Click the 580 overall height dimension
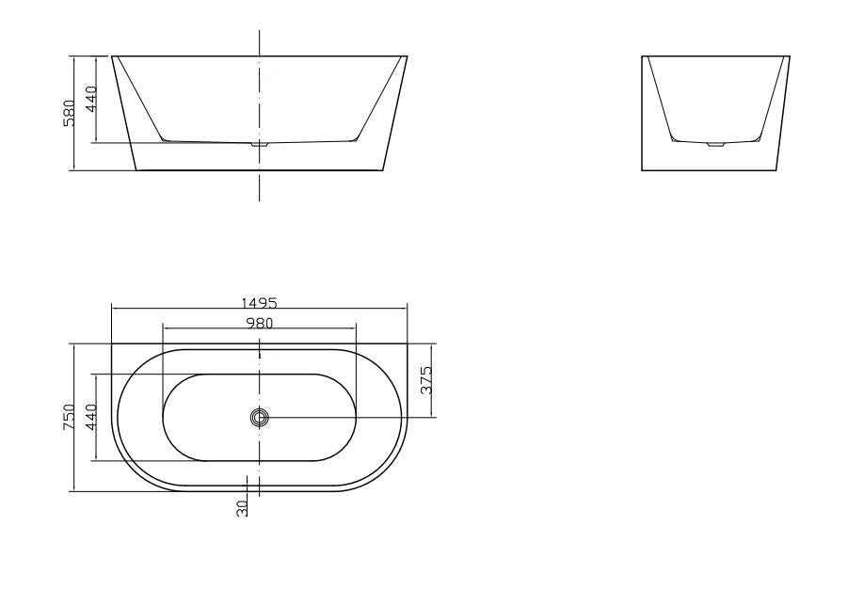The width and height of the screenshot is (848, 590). click(69, 113)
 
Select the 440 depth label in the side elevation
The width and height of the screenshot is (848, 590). click(91, 99)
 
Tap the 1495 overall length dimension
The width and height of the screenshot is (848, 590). click(259, 303)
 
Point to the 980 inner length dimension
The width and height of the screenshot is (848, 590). click(259, 323)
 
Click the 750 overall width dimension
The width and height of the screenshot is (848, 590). click(68, 418)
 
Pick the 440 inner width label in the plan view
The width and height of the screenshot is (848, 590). click(91, 418)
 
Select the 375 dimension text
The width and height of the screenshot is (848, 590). click(426, 380)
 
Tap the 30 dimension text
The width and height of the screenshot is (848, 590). click(242, 508)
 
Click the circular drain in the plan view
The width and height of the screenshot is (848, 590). click(260, 418)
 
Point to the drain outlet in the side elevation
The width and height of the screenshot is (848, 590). click(260, 145)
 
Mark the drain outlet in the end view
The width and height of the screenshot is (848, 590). click(716, 145)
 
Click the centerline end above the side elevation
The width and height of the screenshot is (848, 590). click(260, 31)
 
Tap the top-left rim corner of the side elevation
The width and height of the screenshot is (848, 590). click(112, 56)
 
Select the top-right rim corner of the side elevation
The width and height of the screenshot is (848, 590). click(408, 56)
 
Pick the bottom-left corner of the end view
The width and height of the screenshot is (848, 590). click(643, 170)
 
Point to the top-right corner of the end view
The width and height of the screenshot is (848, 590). click(790, 56)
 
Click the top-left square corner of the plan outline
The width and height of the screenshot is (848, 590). click(112, 344)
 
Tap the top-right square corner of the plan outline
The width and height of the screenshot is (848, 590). click(408, 344)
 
